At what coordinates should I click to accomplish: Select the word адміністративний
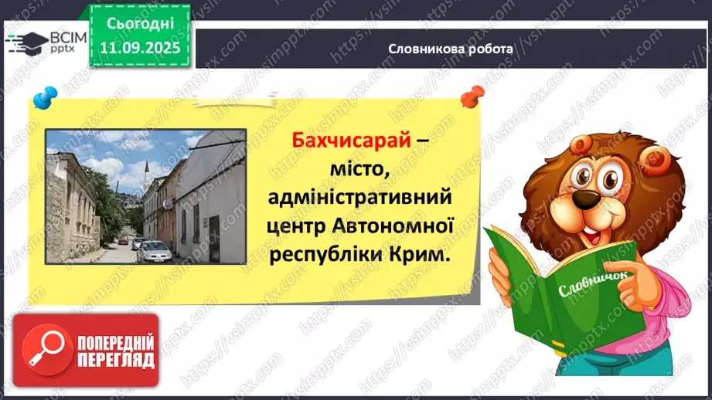pos(358,198)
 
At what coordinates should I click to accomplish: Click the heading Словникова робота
pos(451,49)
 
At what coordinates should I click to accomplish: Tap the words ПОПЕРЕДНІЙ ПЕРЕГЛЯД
pos(115,351)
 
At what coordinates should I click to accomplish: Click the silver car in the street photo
pos(153,250)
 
